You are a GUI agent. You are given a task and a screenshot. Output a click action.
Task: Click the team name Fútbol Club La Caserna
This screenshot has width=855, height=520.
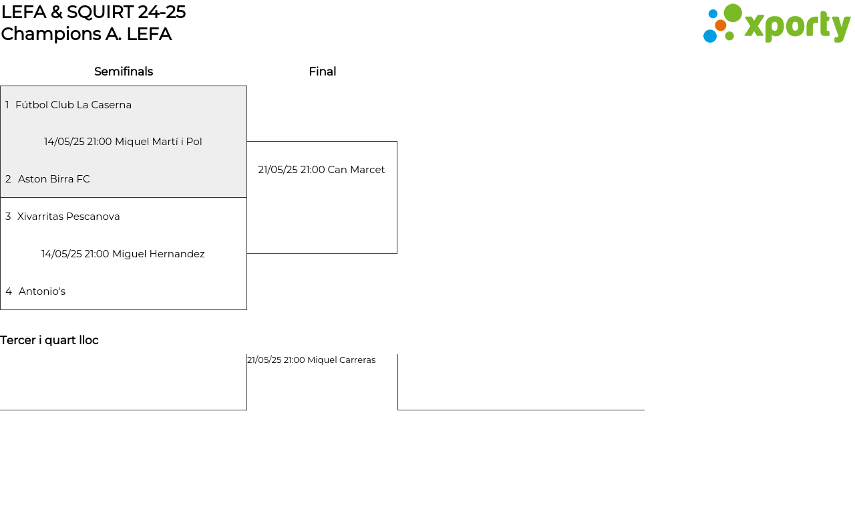pos(73,105)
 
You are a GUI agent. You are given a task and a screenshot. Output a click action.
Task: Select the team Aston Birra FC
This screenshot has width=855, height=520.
pos(54,179)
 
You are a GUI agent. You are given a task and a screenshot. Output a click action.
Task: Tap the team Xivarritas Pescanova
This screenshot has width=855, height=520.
pos(68,217)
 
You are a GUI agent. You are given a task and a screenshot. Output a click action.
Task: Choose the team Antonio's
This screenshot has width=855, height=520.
pos(42,291)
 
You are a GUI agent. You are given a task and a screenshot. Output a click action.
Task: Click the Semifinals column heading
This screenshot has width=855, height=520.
pos(124,72)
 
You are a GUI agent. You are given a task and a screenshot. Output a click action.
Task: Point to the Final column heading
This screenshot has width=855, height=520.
pos(323,72)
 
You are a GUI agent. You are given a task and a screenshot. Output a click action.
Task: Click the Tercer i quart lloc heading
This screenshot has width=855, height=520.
pos(49,340)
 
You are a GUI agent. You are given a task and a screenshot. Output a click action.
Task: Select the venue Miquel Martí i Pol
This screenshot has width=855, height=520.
pos(158,142)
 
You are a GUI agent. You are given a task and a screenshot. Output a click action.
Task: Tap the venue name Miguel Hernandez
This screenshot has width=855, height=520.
pos(158,254)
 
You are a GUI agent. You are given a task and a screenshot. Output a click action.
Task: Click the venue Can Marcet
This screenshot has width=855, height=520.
pos(356,170)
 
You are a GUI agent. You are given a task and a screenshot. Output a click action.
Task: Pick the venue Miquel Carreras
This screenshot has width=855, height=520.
pos(341,360)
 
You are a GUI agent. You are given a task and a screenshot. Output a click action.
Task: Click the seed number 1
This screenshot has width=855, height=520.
pos(7,105)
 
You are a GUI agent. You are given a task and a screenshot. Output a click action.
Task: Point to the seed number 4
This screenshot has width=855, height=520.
pos(9,291)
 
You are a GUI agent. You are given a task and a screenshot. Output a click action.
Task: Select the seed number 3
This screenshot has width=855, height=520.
pos(8,217)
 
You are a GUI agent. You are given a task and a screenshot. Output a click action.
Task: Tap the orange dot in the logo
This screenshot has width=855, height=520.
pos(721,25)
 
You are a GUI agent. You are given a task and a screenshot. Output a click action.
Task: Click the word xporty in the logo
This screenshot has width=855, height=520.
pos(798,26)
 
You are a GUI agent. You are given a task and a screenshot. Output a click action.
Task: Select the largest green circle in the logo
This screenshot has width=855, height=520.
pos(733,13)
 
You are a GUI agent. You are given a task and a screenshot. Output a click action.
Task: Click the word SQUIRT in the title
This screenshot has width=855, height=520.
pos(100,12)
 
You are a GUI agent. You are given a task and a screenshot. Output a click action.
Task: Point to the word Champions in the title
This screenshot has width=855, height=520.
pos(51,34)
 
